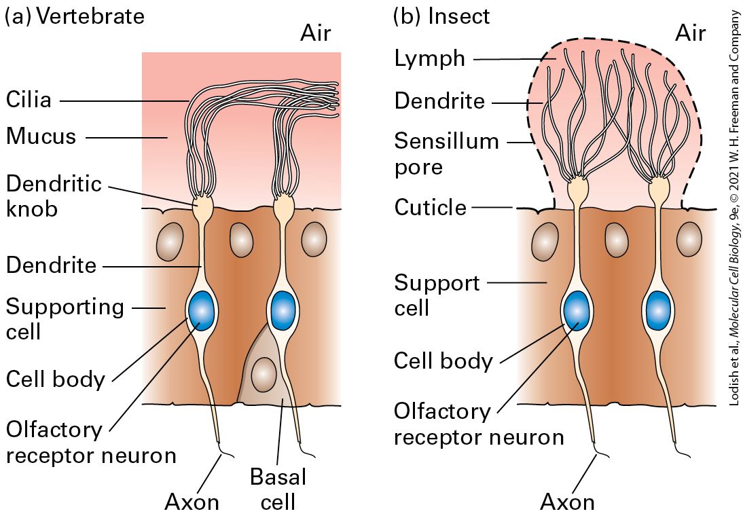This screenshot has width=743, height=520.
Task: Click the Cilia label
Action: point(29,100)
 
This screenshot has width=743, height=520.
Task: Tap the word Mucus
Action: point(41,136)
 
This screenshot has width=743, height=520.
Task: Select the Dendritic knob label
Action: point(54,196)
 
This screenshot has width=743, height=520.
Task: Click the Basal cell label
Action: point(278,489)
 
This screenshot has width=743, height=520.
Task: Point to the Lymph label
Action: point(430,59)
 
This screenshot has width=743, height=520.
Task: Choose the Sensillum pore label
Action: point(446,154)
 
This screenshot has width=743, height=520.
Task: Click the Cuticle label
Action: point(431,208)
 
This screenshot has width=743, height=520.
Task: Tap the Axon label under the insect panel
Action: point(567,502)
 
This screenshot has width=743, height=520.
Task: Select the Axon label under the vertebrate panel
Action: point(192,502)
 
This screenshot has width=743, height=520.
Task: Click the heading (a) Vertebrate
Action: point(75,16)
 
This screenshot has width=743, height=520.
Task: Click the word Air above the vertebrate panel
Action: point(316,33)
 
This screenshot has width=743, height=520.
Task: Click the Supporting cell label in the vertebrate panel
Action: point(65,319)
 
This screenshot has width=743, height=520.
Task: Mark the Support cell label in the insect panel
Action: point(437,295)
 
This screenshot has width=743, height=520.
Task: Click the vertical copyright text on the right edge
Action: point(734,208)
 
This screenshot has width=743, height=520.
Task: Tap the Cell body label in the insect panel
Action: point(443,360)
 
